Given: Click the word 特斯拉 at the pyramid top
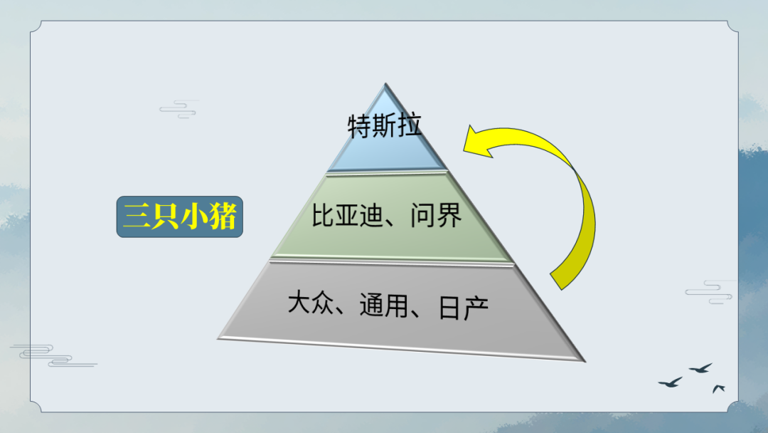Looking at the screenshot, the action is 385,125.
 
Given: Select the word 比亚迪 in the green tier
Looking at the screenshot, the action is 347,215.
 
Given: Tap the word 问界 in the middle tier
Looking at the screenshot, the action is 437,215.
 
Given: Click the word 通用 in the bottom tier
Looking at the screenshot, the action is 383,305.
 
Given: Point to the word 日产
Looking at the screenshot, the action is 464,308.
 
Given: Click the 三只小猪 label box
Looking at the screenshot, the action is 180,216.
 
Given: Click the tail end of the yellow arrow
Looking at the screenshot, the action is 556,281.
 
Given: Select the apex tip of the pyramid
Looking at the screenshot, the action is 385,83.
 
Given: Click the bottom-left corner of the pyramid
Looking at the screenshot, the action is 218,338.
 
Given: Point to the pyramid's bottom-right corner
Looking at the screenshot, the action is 585,361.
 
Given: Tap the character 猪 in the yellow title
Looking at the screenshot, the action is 222,216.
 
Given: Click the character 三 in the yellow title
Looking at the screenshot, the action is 137,216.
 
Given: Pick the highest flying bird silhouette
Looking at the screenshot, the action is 701,367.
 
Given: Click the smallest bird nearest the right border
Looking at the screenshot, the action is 718,388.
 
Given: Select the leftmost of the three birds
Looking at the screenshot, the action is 671,382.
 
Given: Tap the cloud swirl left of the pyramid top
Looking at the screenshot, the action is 178,110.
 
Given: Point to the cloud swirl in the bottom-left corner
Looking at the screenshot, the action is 53,355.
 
